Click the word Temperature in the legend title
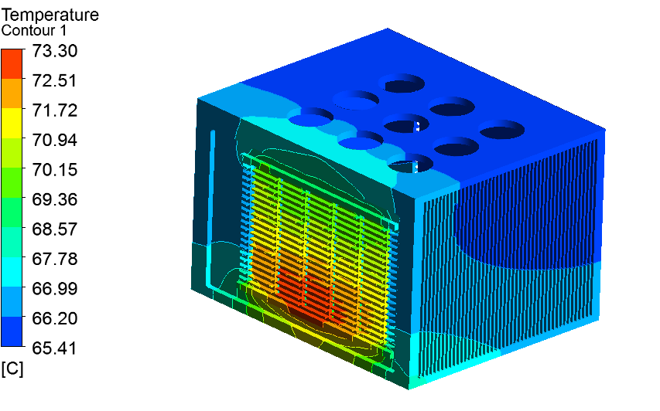click(50, 15)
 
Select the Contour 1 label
click(34, 31)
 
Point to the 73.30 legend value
click(55, 51)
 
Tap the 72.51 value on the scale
click(55, 80)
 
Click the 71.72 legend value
click(55, 110)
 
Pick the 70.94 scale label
click(55, 140)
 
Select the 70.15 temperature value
click(55, 170)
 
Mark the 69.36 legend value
click(55, 199)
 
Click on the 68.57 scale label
click(55, 229)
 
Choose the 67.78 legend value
click(55, 259)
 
